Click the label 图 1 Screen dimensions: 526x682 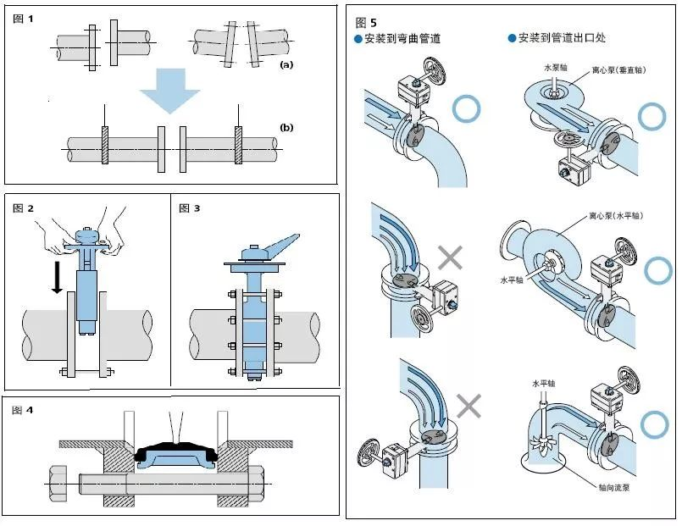(24, 19)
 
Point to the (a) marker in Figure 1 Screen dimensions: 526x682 (286, 64)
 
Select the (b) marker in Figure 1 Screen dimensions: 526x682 (286, 127)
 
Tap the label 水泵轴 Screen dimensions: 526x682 (552, 66)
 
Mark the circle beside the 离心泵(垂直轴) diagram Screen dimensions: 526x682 (652, 115)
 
